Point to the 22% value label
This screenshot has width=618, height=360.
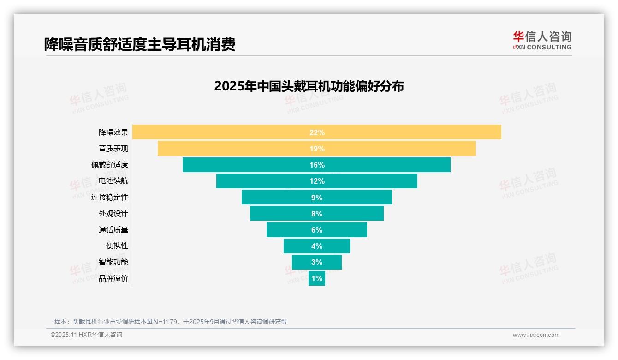point(317,132)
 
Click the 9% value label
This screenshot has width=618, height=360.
point(317,198)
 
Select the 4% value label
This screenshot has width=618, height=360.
point(317,246)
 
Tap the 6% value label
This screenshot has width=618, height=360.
point(317,230)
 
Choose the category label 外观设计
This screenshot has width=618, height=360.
point(113,214)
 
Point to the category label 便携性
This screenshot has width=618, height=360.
point(117,246)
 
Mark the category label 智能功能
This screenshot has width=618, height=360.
point(113,262)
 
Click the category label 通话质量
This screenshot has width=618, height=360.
point(113,230)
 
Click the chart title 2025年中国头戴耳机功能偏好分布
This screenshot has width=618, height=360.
point(309,86)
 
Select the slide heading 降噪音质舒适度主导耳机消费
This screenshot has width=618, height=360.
point(140,44)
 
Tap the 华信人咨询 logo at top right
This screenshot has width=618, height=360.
point(542,40)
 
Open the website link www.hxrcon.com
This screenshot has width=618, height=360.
point(535,335)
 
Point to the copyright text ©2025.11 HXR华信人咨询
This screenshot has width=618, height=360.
point(86,335)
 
